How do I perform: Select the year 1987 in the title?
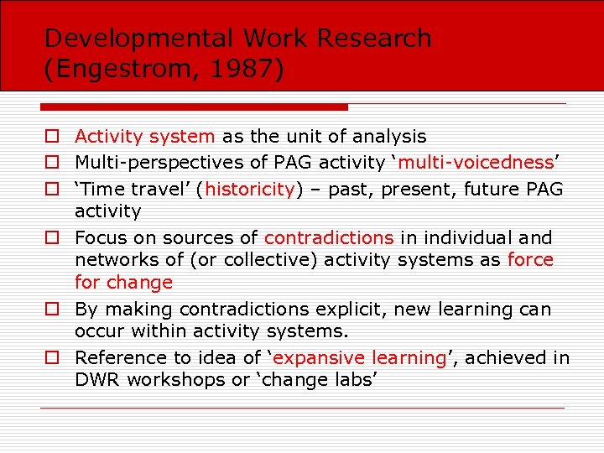coord(248,69)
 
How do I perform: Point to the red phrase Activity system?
coord(145,136)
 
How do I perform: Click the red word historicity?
coord(249,189)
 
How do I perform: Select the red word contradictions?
coord(329,237)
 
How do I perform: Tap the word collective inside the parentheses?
coord(232,260)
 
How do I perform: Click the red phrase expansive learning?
coord(360,357)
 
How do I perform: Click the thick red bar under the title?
coord(194,107)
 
